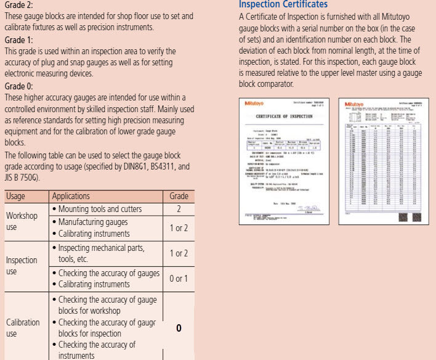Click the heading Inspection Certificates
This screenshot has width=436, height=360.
point(283,5)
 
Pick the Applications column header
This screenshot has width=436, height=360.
point(71,196)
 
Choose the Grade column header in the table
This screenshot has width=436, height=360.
point(179,196)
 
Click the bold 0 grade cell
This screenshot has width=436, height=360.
point(179,328)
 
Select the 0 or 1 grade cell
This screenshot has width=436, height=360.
point(179,279)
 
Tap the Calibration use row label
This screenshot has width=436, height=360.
point(23,328)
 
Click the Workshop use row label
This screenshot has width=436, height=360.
point(22,222)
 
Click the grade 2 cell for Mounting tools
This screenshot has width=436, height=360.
point(179,209)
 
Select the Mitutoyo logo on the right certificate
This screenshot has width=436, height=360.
point(356,104)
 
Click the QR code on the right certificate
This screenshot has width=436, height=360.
point(404,217)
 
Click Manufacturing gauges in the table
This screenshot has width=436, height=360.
point(93,222)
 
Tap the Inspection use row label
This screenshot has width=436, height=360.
point(22,266)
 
